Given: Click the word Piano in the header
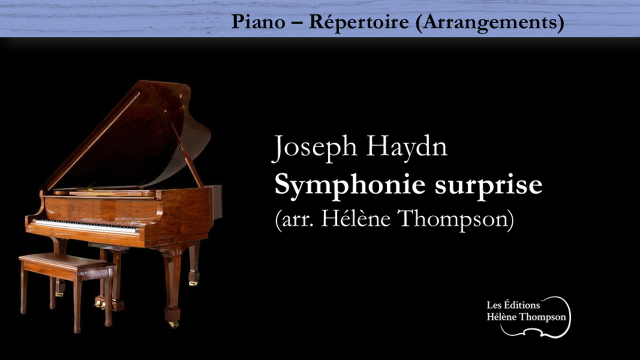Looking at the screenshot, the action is click(x=258, y=21).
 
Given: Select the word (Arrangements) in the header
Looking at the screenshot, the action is click(x=489, y=23).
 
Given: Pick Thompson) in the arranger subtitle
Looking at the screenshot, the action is click(x=456, y=219).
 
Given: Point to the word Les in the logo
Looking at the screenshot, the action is click(x=493, y=305).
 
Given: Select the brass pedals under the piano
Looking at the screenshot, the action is click(x=100, y=304).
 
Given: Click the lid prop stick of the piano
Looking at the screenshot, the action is click(x=184, y=148).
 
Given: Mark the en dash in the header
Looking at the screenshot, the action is click(x=297, y=22).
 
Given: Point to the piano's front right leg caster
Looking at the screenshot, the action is click(x=173, y=324).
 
